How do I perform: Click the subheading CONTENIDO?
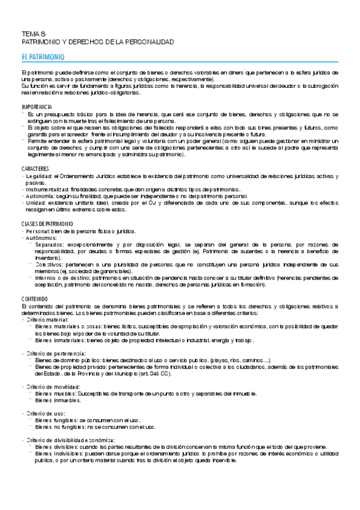tap(34, 299)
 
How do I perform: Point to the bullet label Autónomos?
tap(39, 238)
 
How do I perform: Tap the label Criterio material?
tap(47, 319)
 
